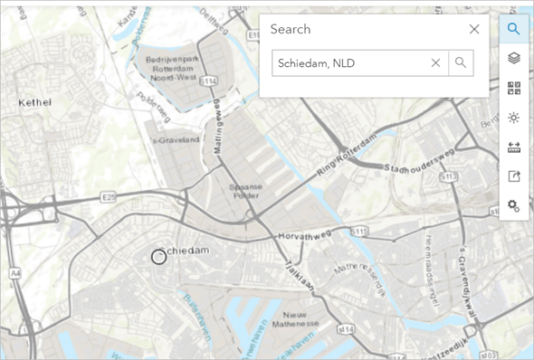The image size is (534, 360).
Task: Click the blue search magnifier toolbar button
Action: [513, 29]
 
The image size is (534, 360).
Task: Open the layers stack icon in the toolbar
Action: [513, 59]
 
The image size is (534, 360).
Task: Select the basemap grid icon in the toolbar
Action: [513, 88]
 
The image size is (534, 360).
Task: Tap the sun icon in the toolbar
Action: [513, 118]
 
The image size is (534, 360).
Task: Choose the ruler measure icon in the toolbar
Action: [513, 147]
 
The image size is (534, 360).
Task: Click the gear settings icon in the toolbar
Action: [513, 205]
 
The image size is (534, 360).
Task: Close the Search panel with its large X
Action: [473, 29]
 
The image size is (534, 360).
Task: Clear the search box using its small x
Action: [435, 62]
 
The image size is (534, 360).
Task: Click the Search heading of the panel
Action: [291, 29]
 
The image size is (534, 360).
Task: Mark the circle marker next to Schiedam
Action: [158, 257]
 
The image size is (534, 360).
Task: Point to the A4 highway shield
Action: [15, 271]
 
